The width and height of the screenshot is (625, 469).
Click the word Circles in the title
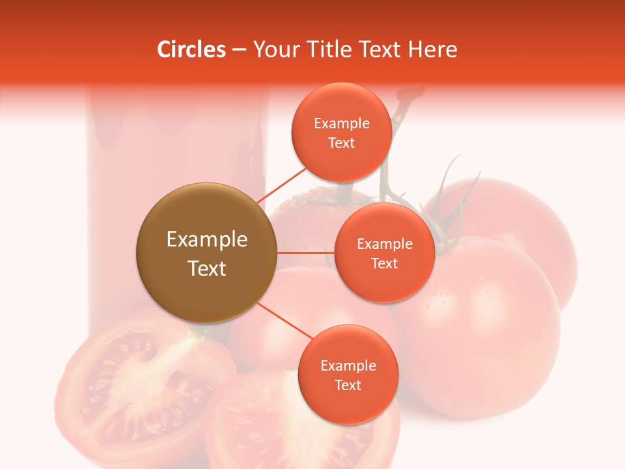(191, 50)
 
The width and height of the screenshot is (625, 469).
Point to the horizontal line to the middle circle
(305, 252)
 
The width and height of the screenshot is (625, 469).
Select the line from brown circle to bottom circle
(285, 320)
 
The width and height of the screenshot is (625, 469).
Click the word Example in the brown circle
(206, 240)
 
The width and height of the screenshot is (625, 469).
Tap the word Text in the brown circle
(206, 268)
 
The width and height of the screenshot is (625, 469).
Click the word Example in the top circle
(341, 124)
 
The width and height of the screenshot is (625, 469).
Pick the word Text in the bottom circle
(348, 385)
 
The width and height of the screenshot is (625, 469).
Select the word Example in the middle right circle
(384, 244)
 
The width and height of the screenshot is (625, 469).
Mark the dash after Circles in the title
(238, 50)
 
